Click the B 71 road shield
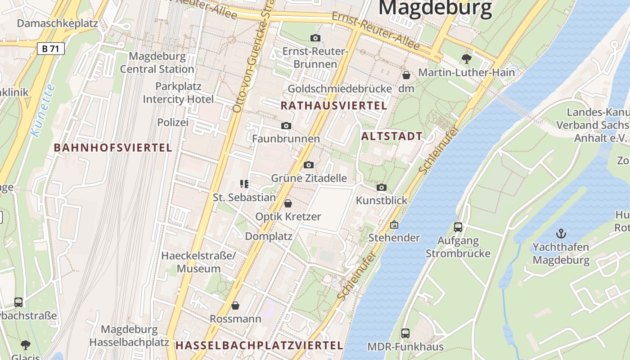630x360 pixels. [x=50, y=49]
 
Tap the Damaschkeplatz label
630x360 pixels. [x=58, y=23]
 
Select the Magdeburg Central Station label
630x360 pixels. [x=157, y=63]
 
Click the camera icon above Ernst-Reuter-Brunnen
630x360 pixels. [x=315, y=38]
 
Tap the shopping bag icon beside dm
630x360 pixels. [x=406, y=75]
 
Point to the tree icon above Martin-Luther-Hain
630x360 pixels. [x=466, y=58]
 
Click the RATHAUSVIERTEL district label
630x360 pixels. [x=333, y=106]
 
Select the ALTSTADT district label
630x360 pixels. [x=392, y=136]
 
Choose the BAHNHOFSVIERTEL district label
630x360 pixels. [x=113, y=148]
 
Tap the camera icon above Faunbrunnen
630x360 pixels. [x=286, y=126]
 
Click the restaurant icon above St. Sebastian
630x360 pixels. [x=244, y=184]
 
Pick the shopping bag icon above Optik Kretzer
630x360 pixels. [x=288, y=203]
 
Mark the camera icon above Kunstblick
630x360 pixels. [x=382, y=188]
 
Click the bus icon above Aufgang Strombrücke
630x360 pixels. [x=458, y=227]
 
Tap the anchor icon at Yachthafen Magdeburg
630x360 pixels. [x=561, y=234]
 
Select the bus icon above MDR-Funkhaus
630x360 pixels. [x=405, y=333]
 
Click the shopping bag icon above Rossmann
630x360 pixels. [x=235, y=306]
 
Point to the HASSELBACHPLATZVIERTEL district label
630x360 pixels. [x=259, y=346]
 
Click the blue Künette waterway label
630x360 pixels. [x=43, y=110]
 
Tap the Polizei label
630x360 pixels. [x=173, y=122]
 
